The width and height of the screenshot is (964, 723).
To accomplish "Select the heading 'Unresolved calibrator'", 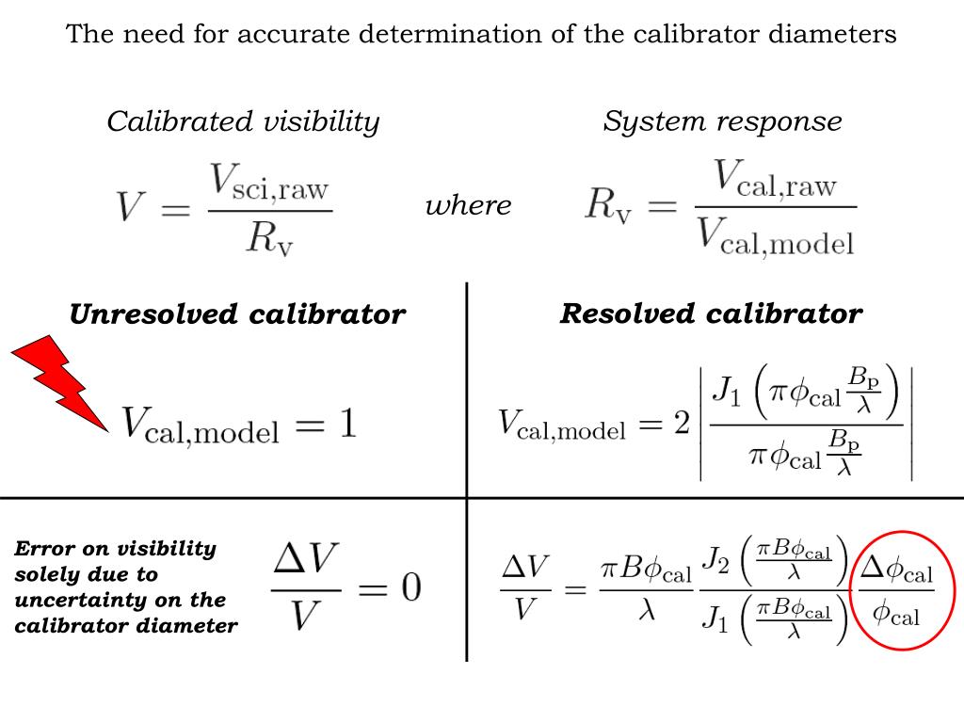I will point(237,314).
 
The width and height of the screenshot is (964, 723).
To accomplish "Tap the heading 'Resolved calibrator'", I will point(711,313).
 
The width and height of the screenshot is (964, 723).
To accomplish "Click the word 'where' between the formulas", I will point(468,205).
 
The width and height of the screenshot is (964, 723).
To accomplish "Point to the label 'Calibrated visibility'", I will point(243,121).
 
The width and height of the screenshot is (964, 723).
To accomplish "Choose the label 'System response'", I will point(722,121).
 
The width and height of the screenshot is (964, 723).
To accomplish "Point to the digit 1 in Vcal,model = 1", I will point(347,426).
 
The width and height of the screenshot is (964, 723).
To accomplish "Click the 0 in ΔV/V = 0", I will point(409,588).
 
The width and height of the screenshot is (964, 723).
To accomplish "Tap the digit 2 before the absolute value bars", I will point(683,426).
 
